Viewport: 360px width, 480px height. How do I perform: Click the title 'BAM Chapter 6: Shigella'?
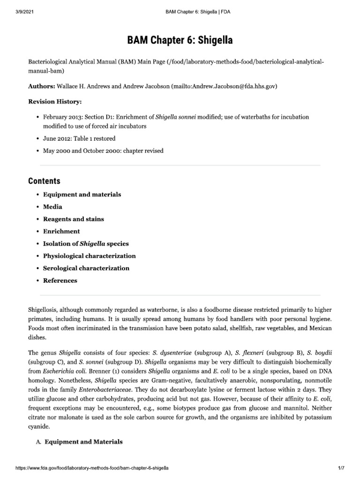(180, 41)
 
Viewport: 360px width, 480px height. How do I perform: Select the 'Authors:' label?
(42, 87)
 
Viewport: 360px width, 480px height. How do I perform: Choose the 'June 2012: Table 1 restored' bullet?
(79, 138)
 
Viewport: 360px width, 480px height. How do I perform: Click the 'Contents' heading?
(44, 181)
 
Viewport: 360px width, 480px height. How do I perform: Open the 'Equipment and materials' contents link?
(82, 194)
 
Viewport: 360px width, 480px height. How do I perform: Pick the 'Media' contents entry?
(52, 206)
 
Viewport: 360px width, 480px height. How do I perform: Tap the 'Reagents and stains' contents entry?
(74, 219)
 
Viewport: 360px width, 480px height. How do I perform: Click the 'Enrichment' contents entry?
(61, 231)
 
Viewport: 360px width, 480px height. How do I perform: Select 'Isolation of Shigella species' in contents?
(86, 244)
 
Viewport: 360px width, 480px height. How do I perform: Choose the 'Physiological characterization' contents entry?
(90, 256)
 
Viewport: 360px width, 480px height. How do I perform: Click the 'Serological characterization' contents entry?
(86, 268)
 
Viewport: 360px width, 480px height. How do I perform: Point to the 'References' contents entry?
(60, 280)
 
